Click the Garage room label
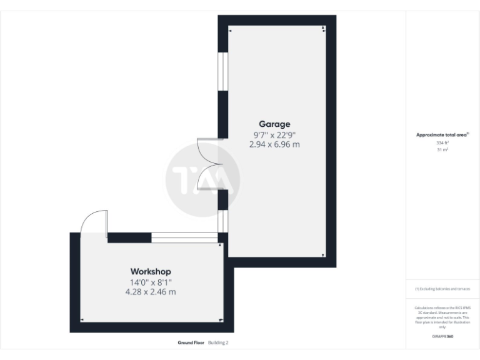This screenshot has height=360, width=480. pyautogui.click(x=274, y=124)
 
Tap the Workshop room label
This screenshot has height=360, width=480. pyautogui.click(x=150, y=271)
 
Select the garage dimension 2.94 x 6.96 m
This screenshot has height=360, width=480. pyautogui.click(x=274, y=144)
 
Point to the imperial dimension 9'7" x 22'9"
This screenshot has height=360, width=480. pyautogui.click(x=274, y=134)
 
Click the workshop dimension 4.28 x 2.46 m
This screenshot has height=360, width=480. pyautogui.click(x=150, y=291)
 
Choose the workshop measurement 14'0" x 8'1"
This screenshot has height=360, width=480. pyautogui.click(x=150, y=282)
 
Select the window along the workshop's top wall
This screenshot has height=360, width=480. pyautogui.click(x=184, y=237)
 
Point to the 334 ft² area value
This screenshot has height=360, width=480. pyautogui.click(x=442, y=142)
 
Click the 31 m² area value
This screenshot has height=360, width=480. pyautogui.click(x=442, y=149)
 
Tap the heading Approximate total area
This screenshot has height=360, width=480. pyautogui.click(x=442, y=134)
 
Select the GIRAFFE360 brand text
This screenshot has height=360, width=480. pyautogui.click(x=442, y=337)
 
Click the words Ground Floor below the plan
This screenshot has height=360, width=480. pyautogui.click(x=191, y=342)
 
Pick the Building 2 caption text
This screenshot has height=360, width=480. pyautogui.click(x=219, y=342)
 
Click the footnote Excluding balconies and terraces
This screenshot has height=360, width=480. pyautogui.click(x=442, y=289)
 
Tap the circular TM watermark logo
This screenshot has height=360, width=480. pyautogui.click(x=203, y=180)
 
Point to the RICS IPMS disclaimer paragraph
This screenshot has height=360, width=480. pyautogui.click(x=442, y=317)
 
